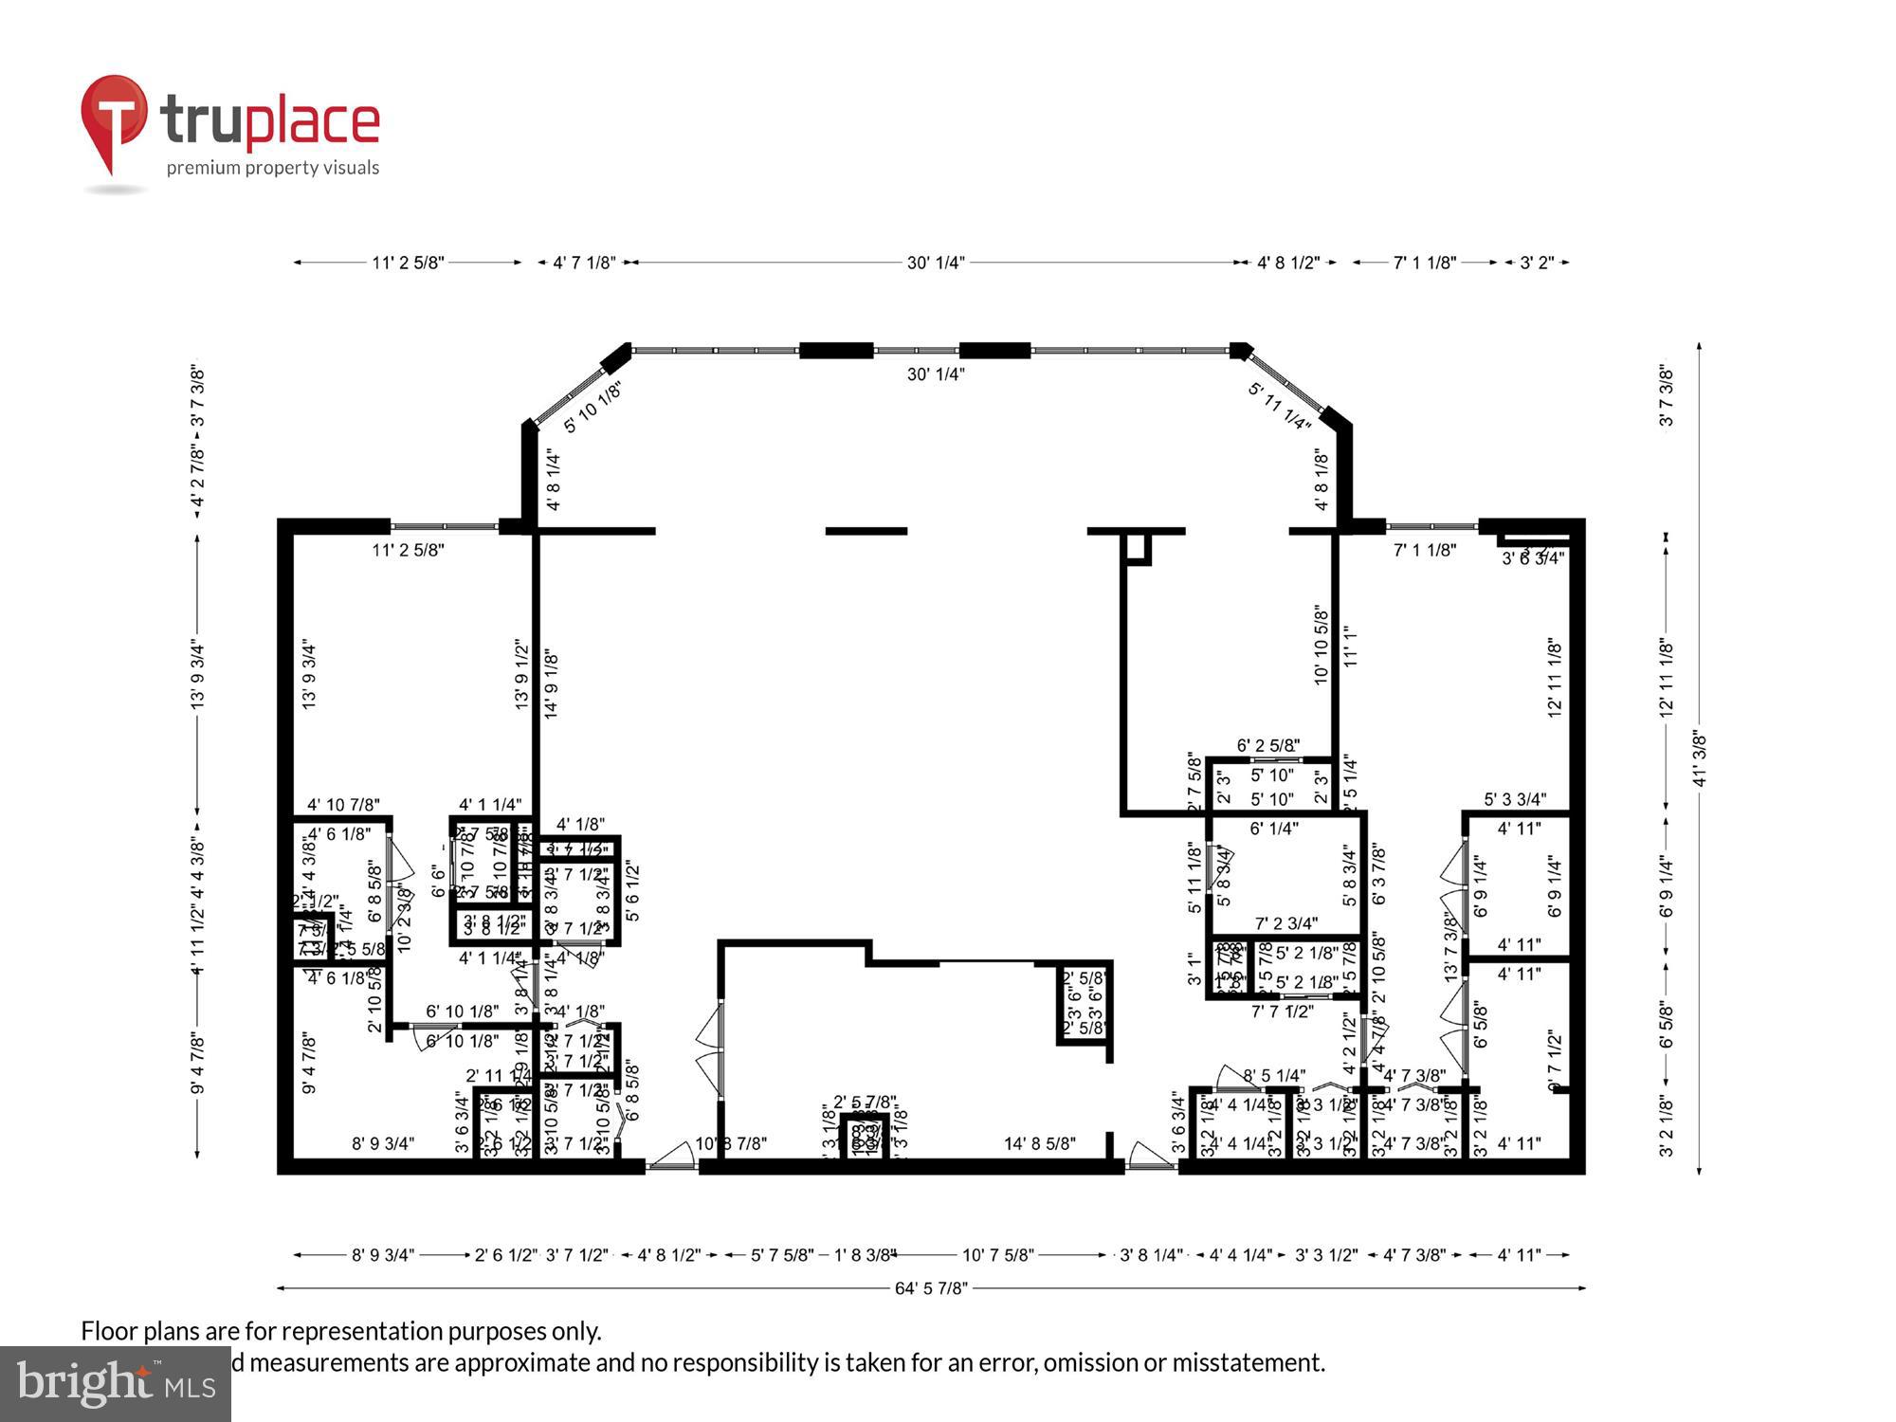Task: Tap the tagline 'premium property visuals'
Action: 273,168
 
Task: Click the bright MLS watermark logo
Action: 115,1385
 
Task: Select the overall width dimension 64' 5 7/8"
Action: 931,1288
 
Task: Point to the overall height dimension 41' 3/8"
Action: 1700,758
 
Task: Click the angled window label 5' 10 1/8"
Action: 593,408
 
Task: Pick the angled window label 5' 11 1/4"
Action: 1280,406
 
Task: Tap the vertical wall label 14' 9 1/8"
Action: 552,684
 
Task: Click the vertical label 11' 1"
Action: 1351,647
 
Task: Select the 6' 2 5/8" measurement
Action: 1268,746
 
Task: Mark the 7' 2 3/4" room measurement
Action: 1286,923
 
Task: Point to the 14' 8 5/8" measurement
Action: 1040,1144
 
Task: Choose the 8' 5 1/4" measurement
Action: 1274,1076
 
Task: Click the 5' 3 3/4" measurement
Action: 1515,799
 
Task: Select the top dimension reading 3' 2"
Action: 1537,263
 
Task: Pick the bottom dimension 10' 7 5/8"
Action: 997,1255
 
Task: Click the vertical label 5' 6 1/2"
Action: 633,891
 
